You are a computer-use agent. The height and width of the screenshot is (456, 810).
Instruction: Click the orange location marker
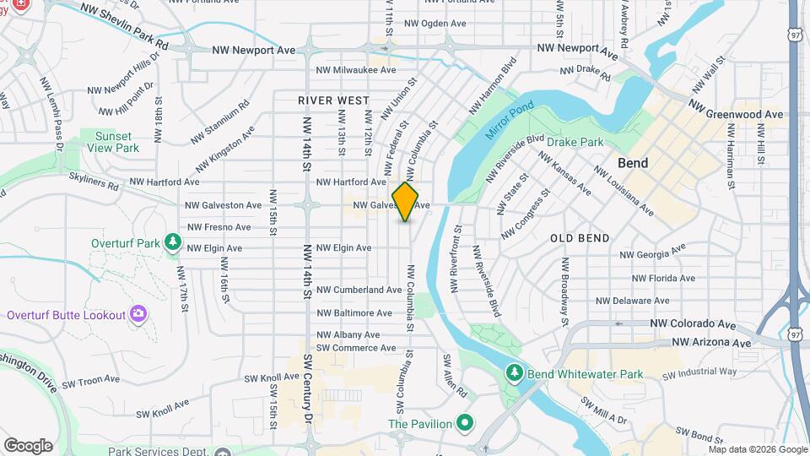click(405, 202)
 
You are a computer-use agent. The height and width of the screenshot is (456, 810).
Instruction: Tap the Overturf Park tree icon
click(173, 243)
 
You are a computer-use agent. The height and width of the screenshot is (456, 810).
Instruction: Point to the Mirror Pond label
click(510, 122)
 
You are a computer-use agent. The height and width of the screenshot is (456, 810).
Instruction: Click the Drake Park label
click(575, 142)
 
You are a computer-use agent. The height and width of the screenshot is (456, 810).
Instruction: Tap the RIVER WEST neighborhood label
click(334, 100)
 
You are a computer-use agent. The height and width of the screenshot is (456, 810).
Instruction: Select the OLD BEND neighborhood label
click(580, 238)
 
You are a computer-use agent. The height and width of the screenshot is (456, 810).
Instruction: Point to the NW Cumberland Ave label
click(359, 290)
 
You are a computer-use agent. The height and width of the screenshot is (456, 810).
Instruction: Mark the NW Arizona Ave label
click(711, 343)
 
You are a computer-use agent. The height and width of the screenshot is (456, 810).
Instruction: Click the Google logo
click(29, 445)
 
